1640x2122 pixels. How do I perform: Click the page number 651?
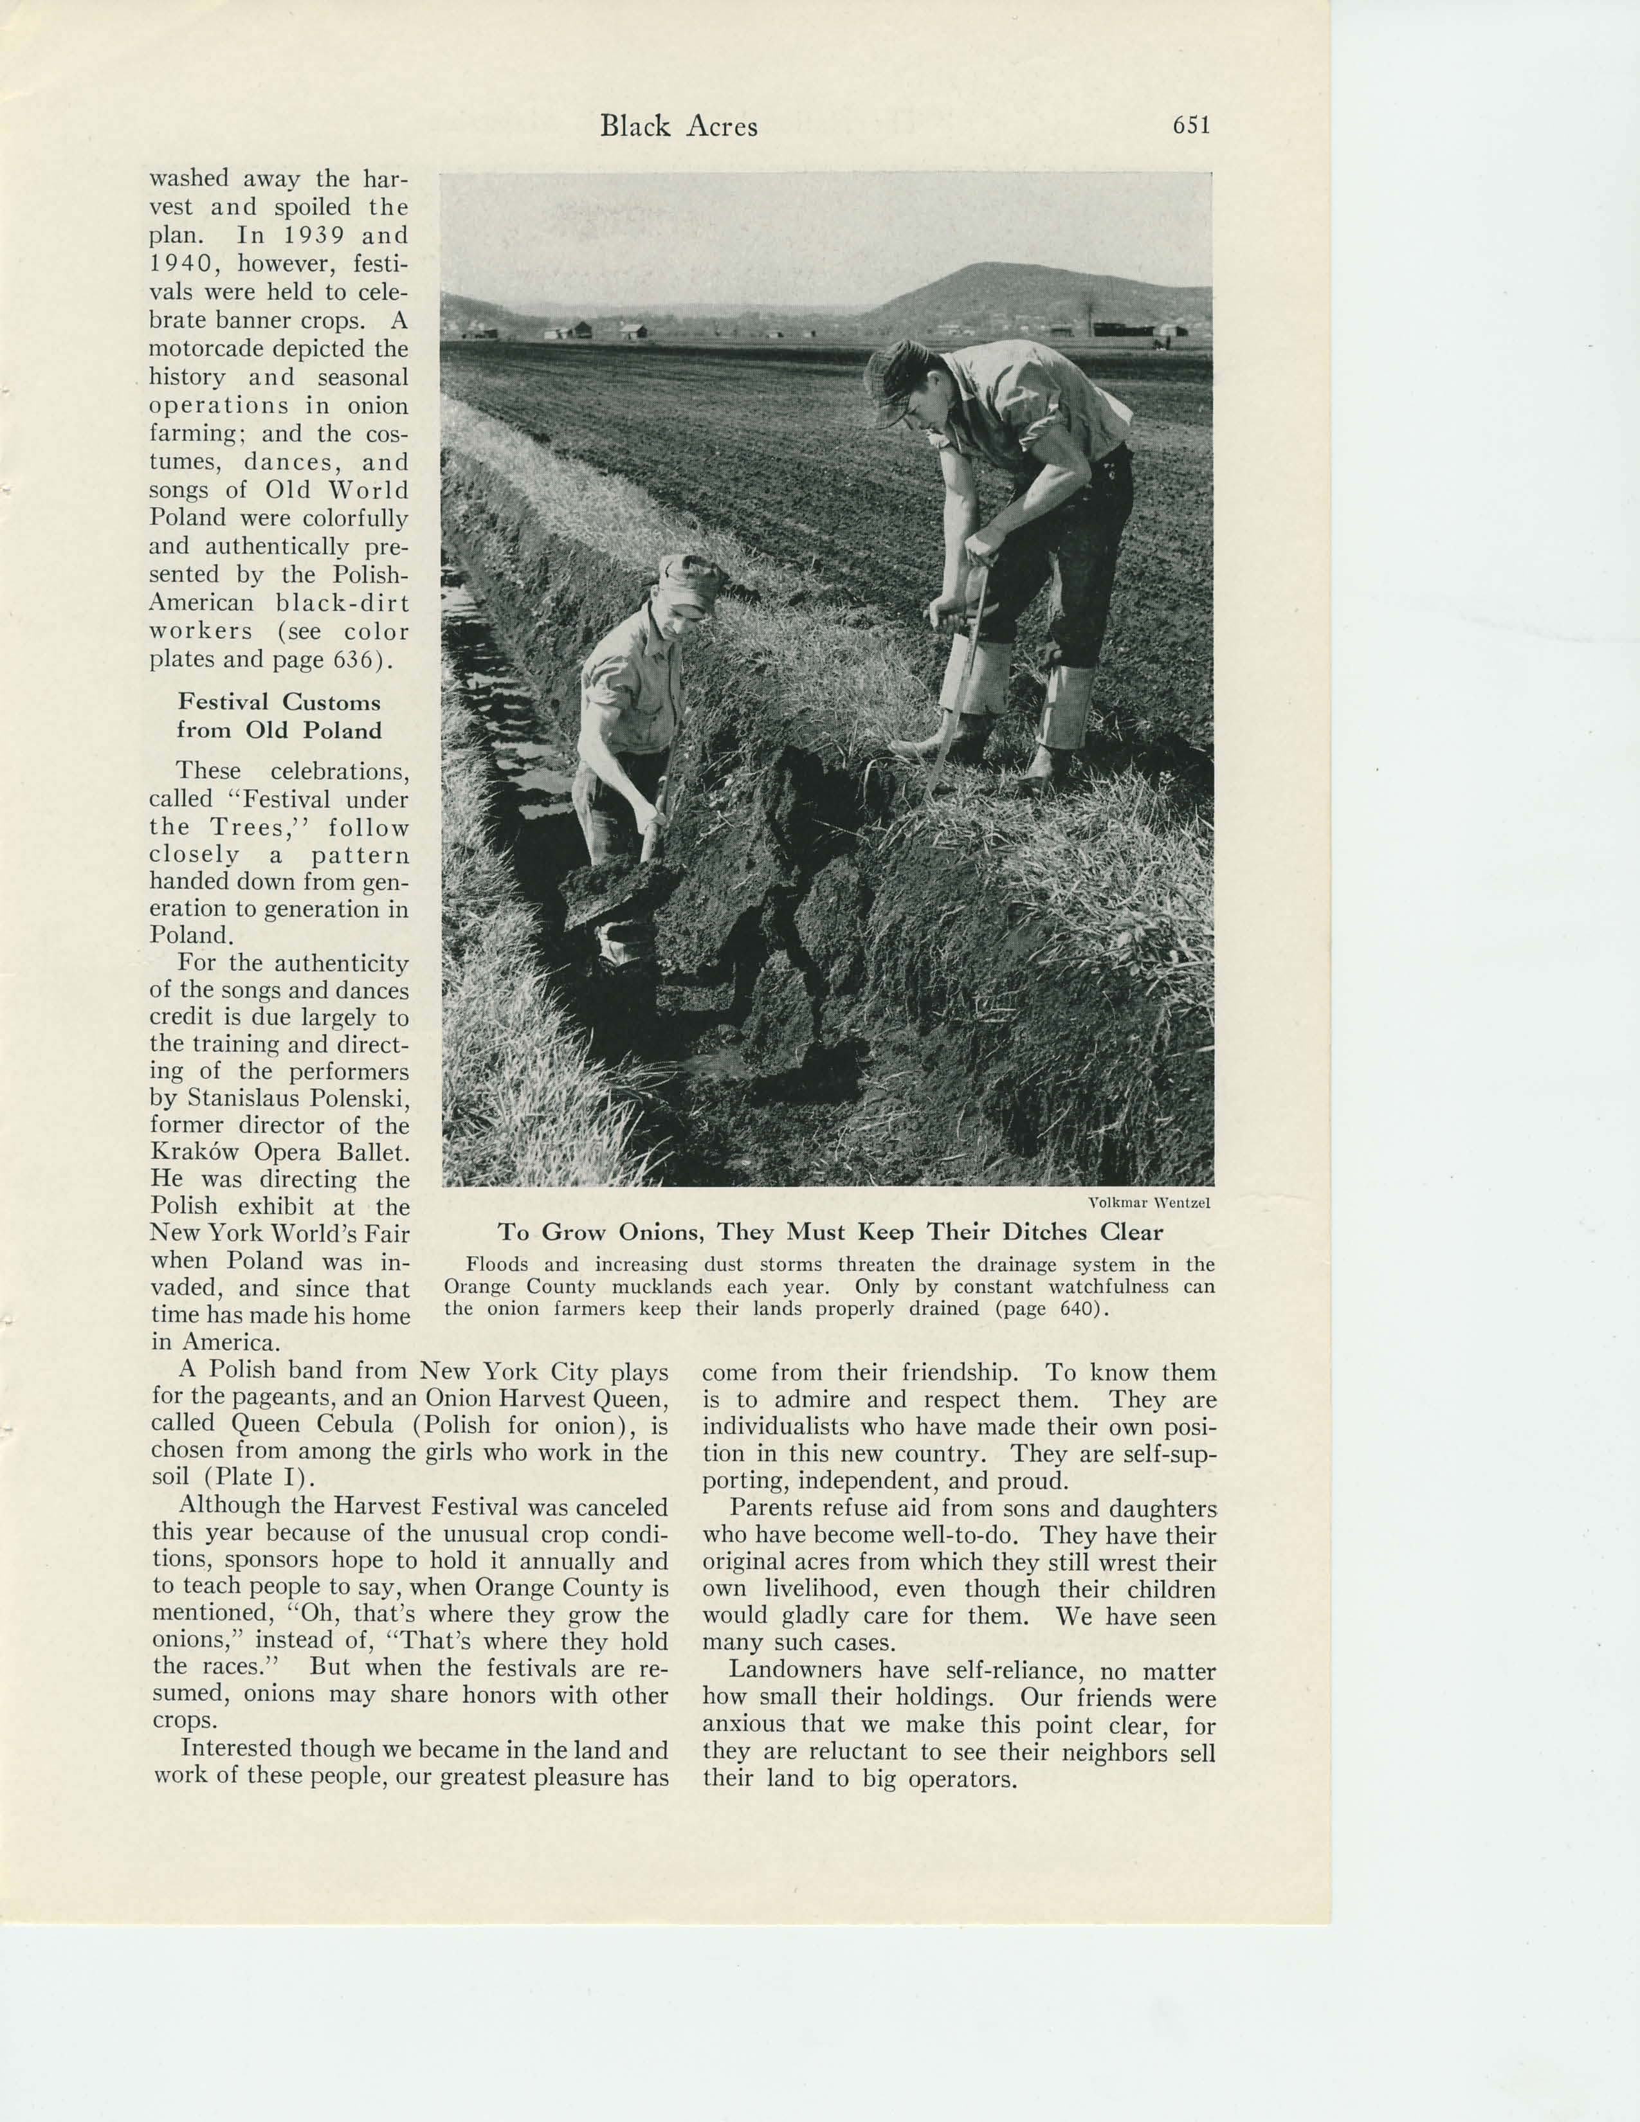(1191, 126)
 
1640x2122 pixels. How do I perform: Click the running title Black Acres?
(678, 126)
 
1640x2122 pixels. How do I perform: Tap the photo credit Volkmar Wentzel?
(1149, 1202)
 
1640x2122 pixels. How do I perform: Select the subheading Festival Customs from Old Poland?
(279, 716)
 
